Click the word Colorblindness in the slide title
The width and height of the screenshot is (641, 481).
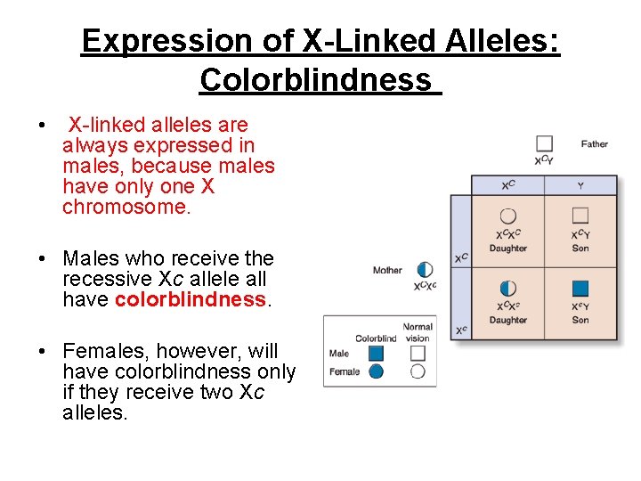pyautogui.click(x=315, y=80)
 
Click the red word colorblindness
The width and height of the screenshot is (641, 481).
pyautogui.click(x=191, y=300)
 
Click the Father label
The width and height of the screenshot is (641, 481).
pyautogui.click(x=594, y=143)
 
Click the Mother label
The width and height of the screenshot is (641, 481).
pyautogui.click(x=387, y=270)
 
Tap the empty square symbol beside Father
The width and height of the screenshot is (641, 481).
pyautogui.click(x=544, y=143)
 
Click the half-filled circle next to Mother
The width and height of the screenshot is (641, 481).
pyautogui.click(x=425, y=269)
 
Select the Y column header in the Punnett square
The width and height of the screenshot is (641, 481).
pyautogui.click(x=580, y=186)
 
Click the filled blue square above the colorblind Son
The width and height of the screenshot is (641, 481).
pyautogui.click(x=580, y=288)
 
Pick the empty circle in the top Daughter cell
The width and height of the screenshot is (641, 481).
pyautogui.click(x=508, y=216)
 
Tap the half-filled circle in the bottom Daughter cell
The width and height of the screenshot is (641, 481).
pyautogui.click(x=508, y=288)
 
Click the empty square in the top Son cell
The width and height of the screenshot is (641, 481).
pyautogui.click(x=580, y=215)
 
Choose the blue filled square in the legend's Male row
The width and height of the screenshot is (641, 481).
pyautogui.click(x=376, y=354)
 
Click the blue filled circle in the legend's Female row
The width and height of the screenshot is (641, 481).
pyautogui.click(x=376, y=371)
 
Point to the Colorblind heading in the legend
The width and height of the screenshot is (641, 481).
pyautogui.click(x=376, y=338)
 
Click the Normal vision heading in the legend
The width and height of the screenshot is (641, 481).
pyautogui.click(x=418, y=333)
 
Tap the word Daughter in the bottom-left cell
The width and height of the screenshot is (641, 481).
pyautogui.click(x=508, y=320)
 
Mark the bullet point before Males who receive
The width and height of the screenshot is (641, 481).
pyautogui.click(x=42, y=259)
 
